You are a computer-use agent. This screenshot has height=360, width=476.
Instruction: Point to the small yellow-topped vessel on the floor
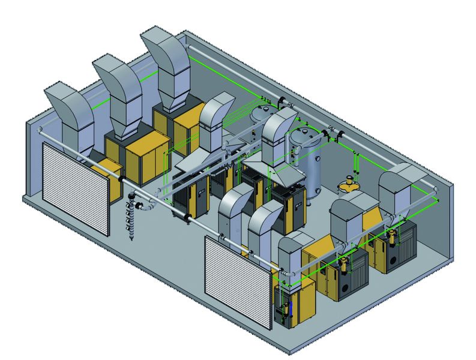coord(349,184)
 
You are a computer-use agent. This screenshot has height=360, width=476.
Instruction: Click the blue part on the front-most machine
coord(290,311)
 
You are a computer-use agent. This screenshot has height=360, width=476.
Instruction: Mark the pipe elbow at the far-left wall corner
coord(39,130)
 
